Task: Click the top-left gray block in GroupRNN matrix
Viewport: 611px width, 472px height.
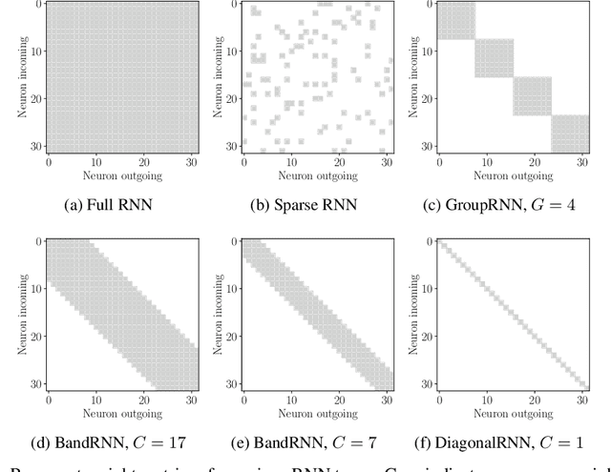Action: click(x=456, y=21)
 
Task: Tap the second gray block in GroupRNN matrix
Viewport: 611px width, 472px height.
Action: click(x=495, y=58)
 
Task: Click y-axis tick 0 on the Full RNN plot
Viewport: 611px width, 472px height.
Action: click(x=36, y=5)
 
